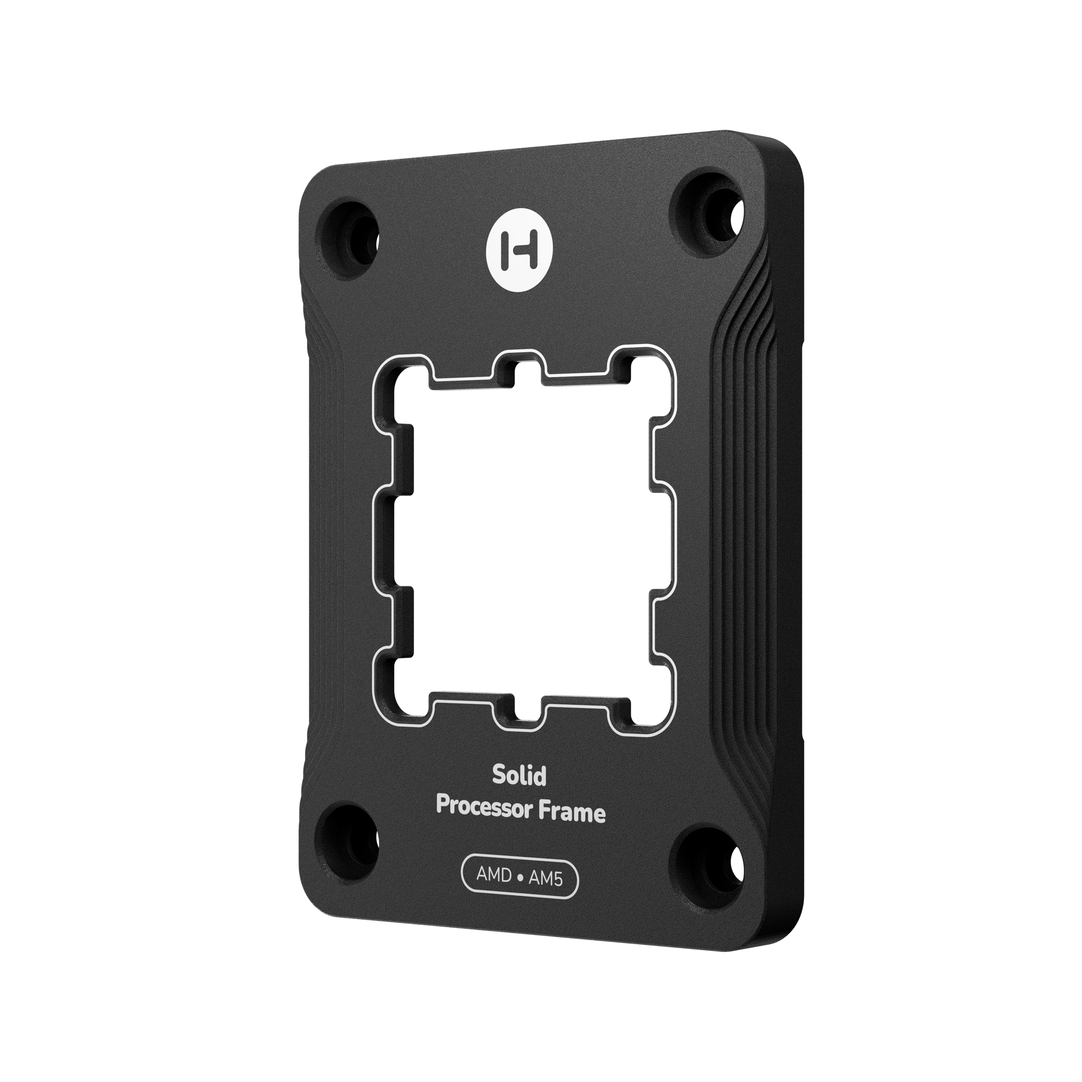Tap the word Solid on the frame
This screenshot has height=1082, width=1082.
click(x=511, y=776)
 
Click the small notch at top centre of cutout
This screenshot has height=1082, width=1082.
click(x=528, y=371)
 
